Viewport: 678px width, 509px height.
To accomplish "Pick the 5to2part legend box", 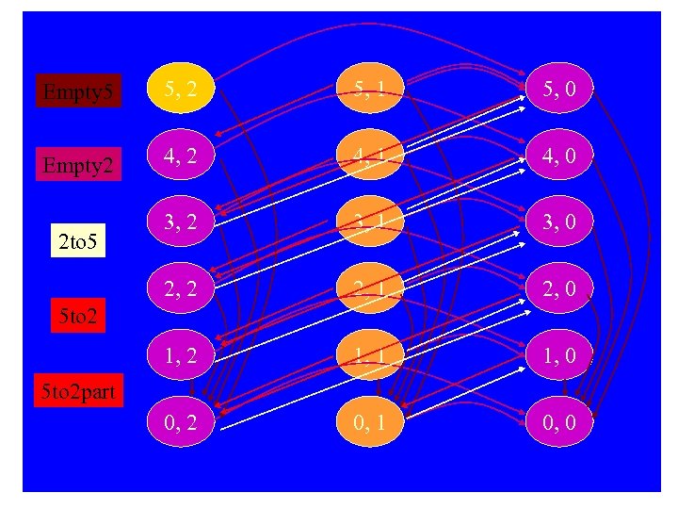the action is click(80, 390).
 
